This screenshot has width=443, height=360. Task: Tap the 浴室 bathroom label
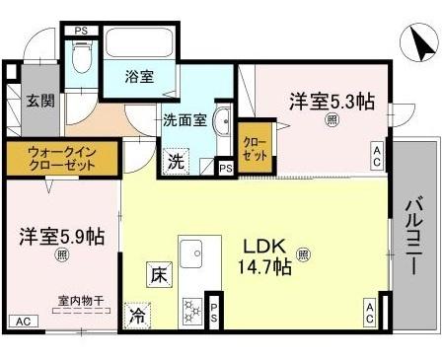[x=139, y=77]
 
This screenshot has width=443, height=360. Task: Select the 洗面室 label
[x=184, y=121]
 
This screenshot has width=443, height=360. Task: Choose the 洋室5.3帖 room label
[x=332, y=101]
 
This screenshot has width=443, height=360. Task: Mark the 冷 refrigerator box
[x=137, y=317]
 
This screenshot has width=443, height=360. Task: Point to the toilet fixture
[x=82, y=63]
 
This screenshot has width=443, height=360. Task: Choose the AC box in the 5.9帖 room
[x=20, y=322]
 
